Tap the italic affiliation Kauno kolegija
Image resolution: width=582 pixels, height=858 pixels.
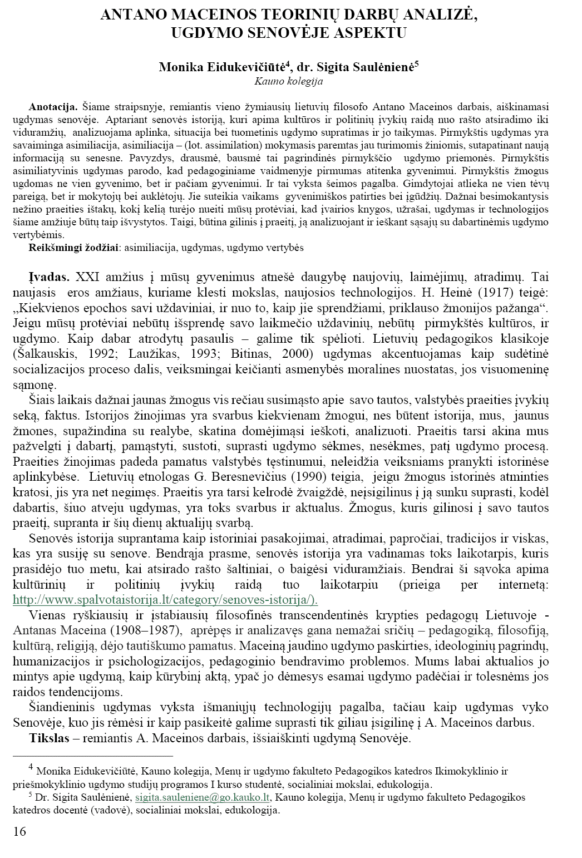pos(288,81)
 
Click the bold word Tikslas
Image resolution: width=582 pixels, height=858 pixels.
pos(49,738)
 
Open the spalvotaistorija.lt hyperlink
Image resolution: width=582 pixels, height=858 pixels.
pos(165,599)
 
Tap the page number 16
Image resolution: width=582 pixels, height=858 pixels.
pos(19,832)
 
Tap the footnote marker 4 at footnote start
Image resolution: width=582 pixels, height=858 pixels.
pos(31,768)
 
